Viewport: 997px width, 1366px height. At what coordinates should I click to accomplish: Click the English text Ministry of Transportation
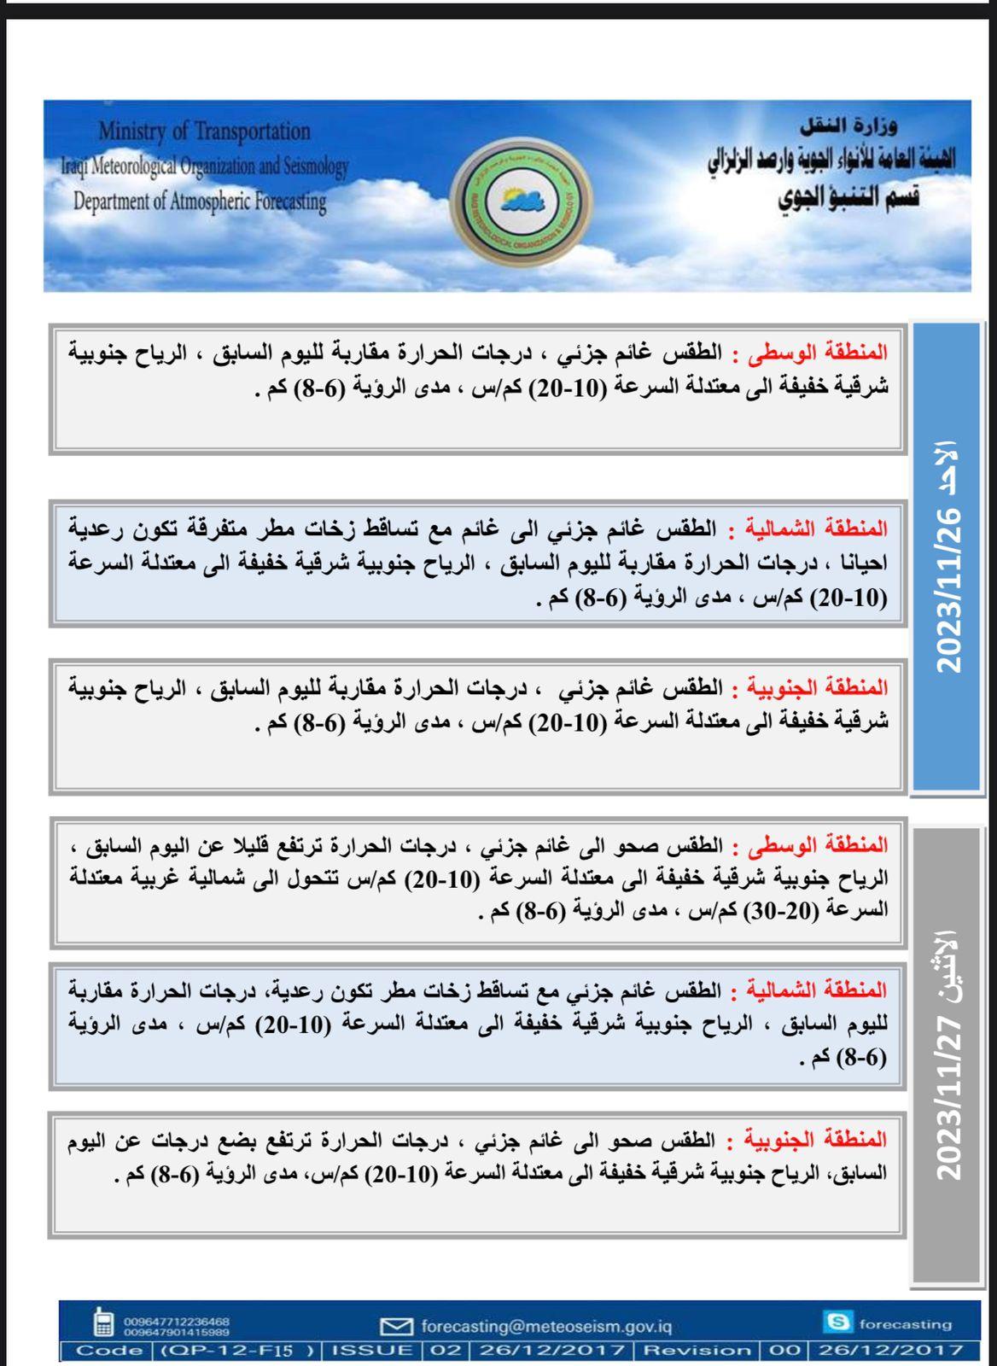(x=205, y=131)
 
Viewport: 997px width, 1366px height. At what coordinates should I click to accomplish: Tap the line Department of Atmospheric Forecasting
(x=200, y=201)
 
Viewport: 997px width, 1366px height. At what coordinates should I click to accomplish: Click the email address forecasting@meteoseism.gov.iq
(x=546, y=1327)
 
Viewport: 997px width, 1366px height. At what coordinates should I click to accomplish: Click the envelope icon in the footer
(x=396, y=1327)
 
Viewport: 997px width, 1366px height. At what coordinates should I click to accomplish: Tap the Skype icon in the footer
(x=838, y=1322)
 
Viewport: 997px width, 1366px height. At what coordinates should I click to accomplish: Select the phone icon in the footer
(x=103, y=1322)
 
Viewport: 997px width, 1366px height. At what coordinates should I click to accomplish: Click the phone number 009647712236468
(x=177, y=1321)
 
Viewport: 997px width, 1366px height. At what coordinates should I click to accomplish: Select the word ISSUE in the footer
(x=372, y=1351)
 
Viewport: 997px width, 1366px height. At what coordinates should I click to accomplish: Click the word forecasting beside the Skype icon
(x=905, y=1324)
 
